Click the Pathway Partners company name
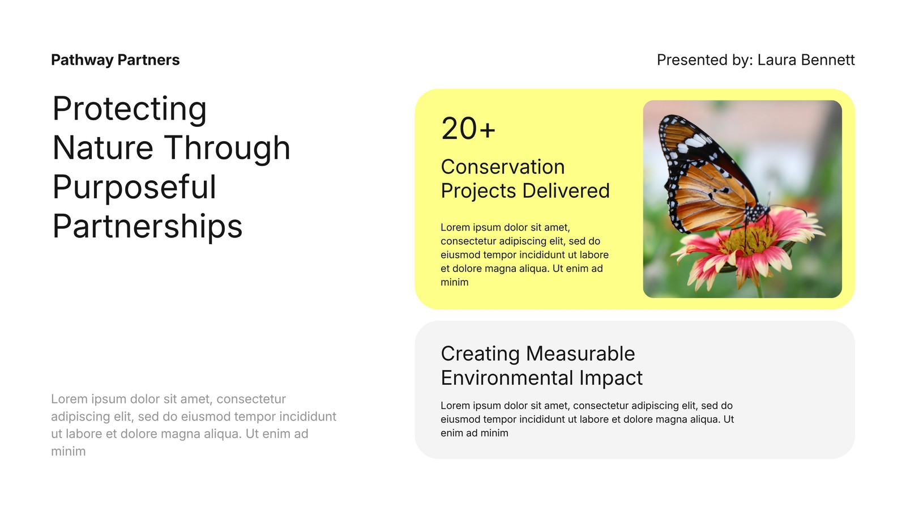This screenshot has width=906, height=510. [x=116, y=60]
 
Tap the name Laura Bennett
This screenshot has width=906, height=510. [x=806, y=60]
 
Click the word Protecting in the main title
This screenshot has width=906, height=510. [x=130, y=109]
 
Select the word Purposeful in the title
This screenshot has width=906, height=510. [x=134, y=188]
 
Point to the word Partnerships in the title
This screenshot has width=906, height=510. [x=147, y=226]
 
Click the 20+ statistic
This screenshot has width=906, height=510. [x=468, y=129]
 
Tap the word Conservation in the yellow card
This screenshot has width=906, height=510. [x=503, y=167]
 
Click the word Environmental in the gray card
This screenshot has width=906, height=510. [x=507, y=378]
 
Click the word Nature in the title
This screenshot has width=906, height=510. [x=102, y=148]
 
